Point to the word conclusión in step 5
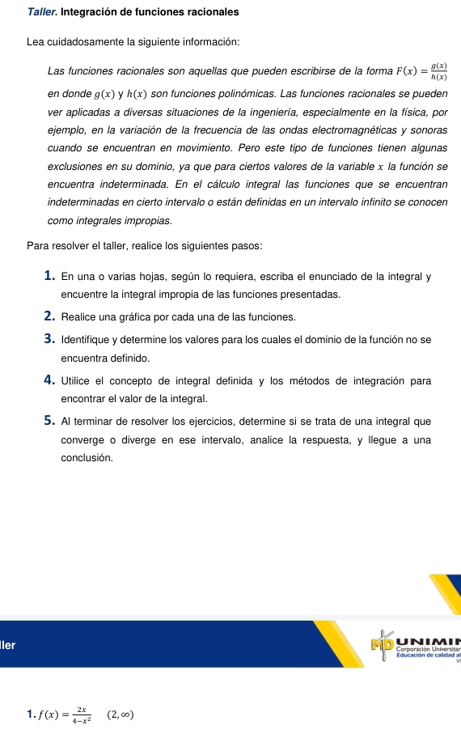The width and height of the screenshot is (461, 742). [x=87, y=458]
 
